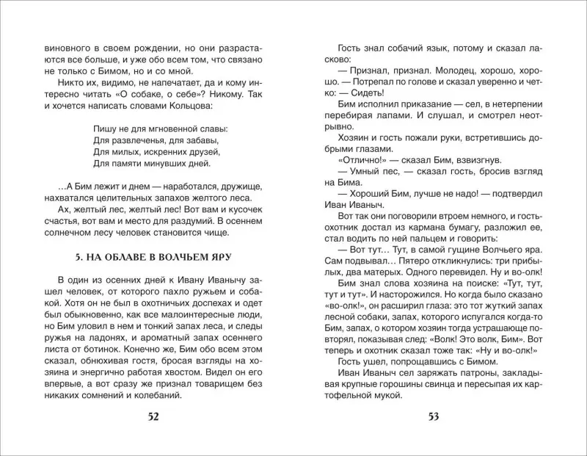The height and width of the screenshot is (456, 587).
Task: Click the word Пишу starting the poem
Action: click(x=107, y=128)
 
